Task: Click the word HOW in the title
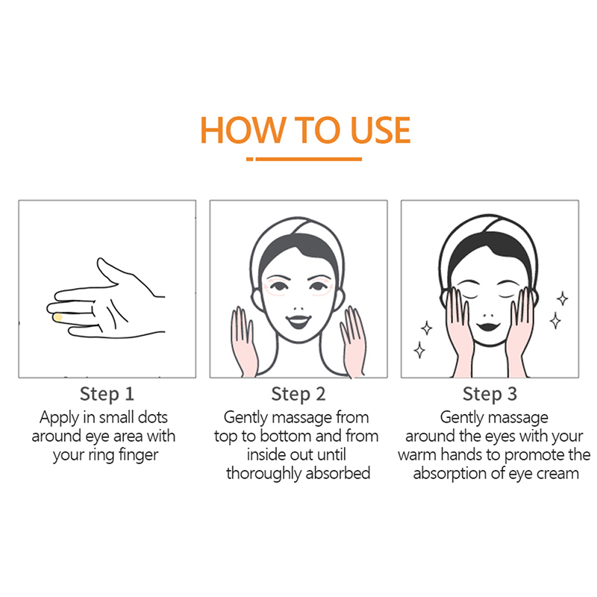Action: tap(243, 130)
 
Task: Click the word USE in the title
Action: tap(380, 130)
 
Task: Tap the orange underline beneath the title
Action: tap(304, 159)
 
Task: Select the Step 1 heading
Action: tap(107, 394)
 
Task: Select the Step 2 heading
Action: tap(298, 394)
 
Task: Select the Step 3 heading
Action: tap(490, 394)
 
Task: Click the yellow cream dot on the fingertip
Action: tap(58, 317)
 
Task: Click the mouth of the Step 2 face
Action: tap(298, 322)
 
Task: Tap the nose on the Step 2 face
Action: tap(299, 308)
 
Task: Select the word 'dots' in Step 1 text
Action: tap(153, 417)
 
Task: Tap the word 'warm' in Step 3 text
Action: tap(418, 455)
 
